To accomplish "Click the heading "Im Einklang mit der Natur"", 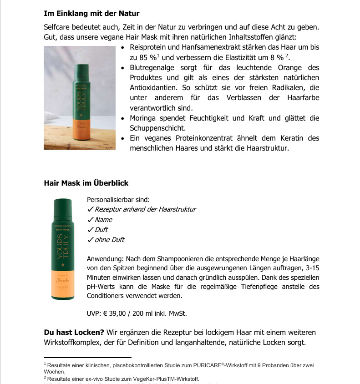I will click(x=92, y=13).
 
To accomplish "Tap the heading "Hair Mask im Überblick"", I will click(x=86, y=183).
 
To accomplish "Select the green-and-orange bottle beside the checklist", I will click(x=63, y=249).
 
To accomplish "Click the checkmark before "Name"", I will click(x=90, y=220).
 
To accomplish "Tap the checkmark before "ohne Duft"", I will click(x=90, y=240).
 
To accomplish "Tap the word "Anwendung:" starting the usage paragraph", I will click(x=105, y=258).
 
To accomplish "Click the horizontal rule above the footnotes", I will click(x=87, y=358).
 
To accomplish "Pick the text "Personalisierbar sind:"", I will click(x=118, y=199).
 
